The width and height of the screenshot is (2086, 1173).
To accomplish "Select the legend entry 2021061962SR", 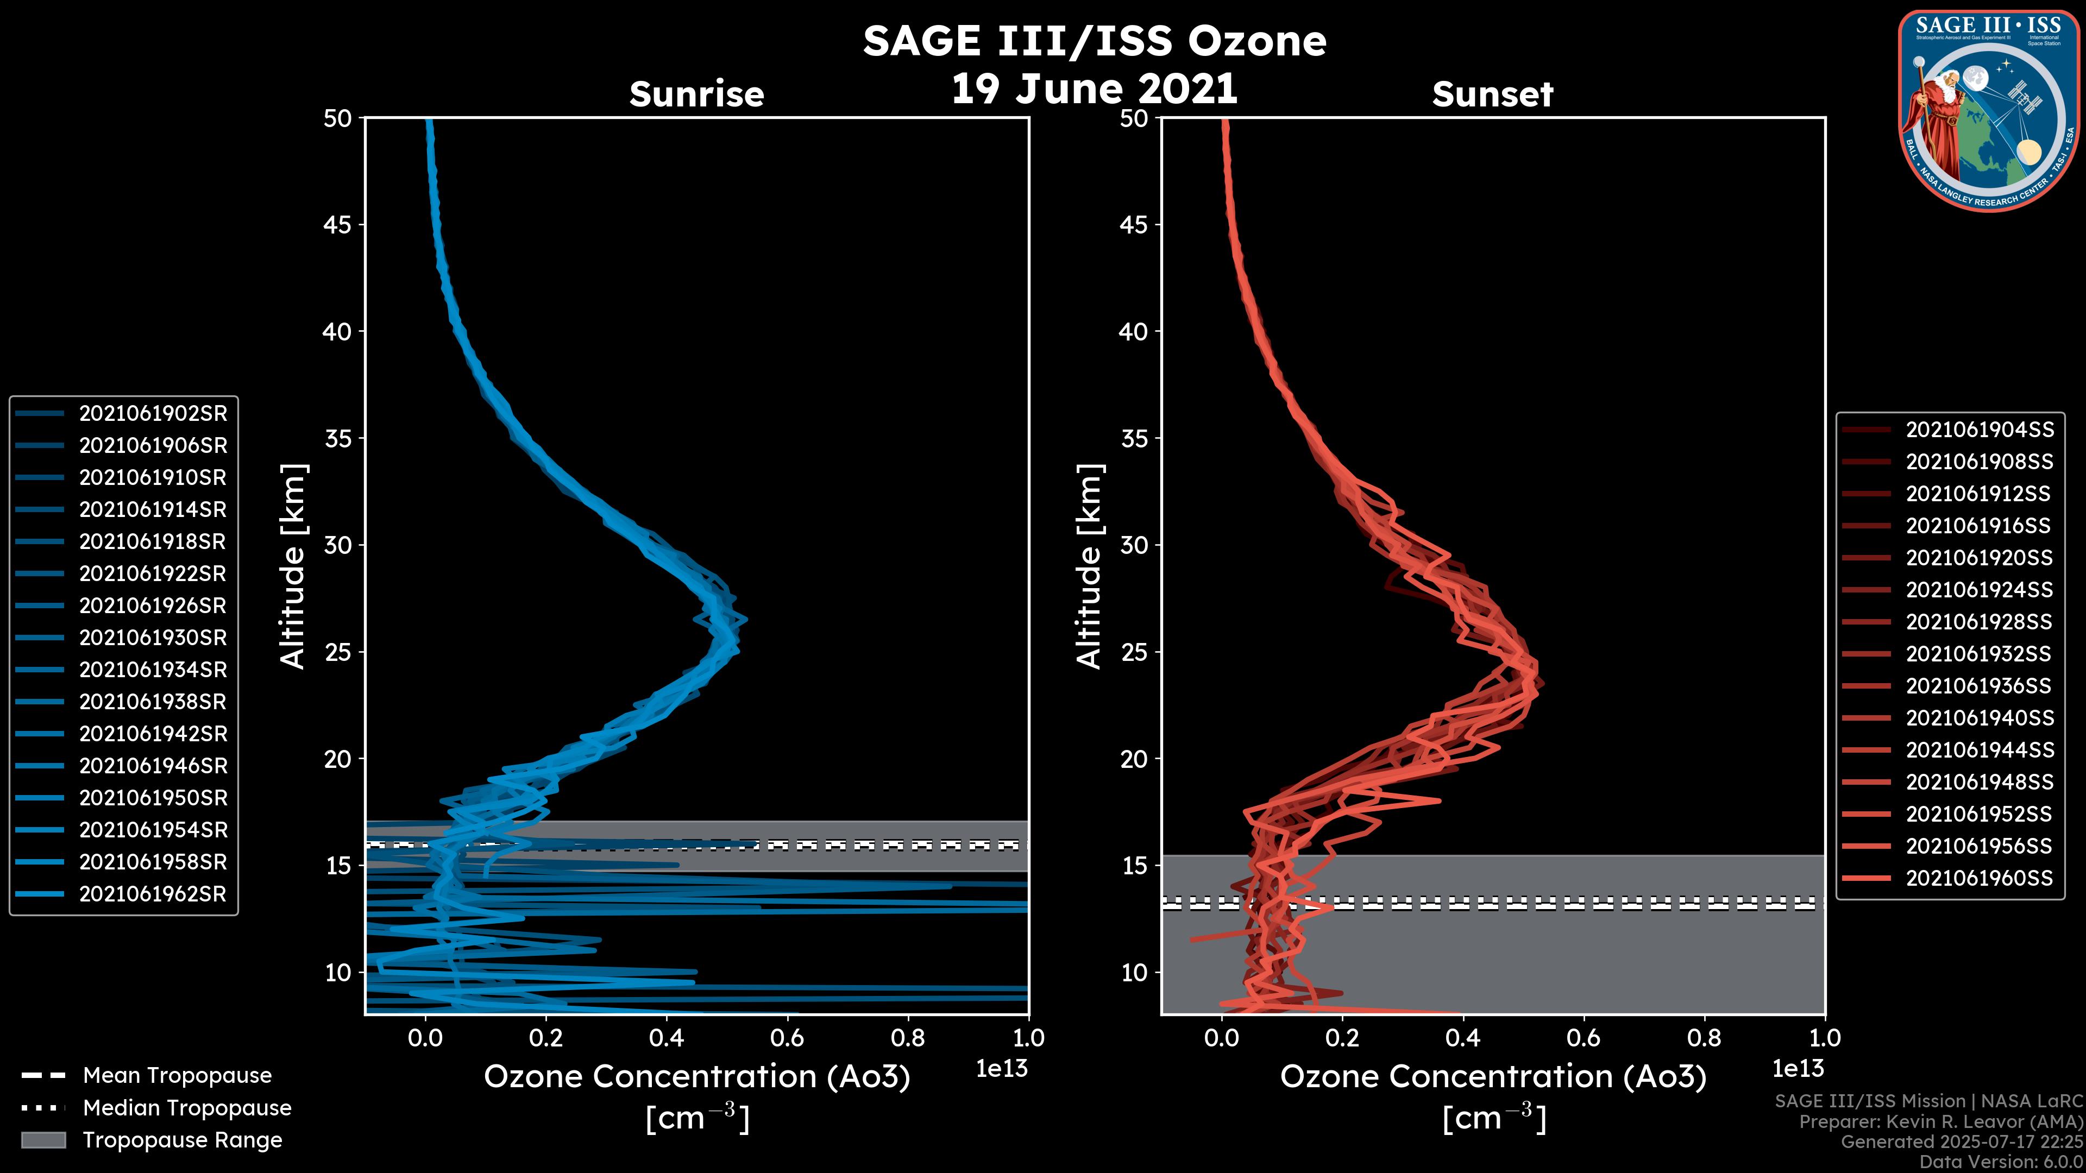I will coord(152,894).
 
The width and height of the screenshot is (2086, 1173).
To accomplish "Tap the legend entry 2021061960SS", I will coord(1979,878).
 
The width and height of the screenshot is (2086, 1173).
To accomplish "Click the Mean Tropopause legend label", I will coord(177,1076).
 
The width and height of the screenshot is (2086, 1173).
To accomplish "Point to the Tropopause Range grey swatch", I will coord(43,1140).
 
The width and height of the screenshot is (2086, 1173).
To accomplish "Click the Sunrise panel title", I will coord(696,94).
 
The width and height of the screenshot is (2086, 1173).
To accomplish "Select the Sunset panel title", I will coord(1492,94).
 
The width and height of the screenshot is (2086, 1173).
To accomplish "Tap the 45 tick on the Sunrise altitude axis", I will coord(338,225).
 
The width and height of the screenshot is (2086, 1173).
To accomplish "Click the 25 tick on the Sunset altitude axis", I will coord(1134,652).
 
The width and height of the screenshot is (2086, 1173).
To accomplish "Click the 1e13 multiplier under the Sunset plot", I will coord(1798,1069).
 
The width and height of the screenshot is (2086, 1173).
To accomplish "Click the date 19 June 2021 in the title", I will coord(1094,89).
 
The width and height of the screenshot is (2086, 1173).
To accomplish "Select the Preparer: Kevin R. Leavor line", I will coord(1940,1122).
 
